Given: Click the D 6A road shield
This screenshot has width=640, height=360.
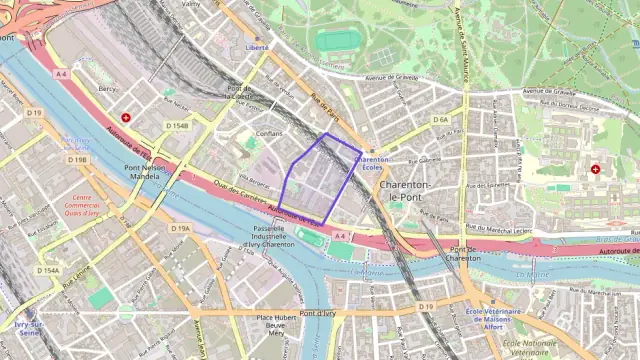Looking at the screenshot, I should point(441,120).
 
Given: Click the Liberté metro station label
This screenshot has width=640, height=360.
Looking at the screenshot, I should point(257,47).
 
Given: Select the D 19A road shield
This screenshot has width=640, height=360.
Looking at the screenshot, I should point(179,229).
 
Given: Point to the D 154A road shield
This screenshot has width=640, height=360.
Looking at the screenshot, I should point(48,271).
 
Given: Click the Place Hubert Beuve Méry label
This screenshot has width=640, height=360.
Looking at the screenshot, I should point(277,325).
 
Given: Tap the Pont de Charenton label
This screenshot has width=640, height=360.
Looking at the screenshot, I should point(464,254).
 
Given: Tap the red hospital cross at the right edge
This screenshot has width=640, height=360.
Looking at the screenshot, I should point(597,169).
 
